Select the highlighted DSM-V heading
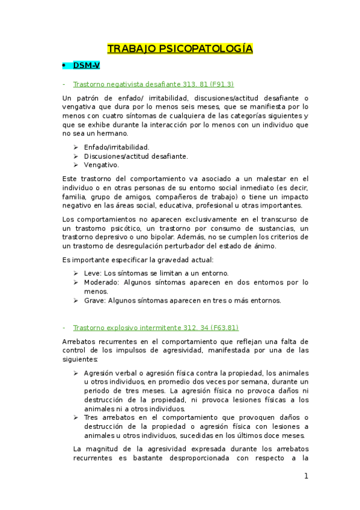(86, 65)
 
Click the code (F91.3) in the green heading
(214, 84)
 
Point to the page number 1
(306, 476)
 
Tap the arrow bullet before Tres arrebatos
(76, 418)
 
